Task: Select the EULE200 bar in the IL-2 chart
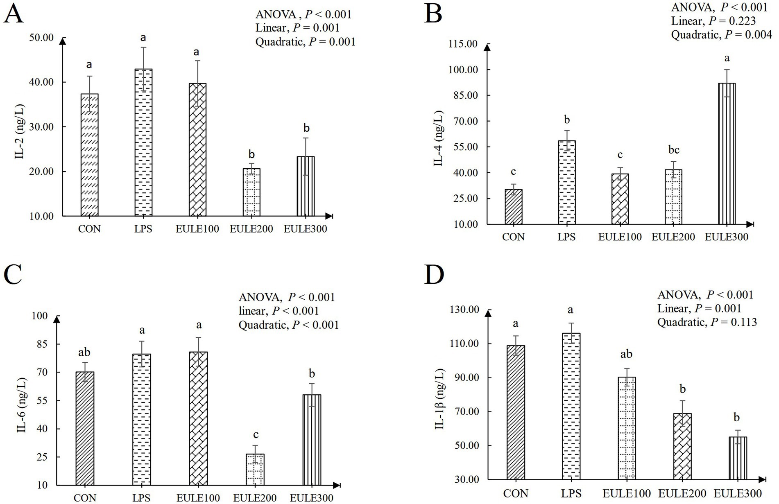pos(251,192)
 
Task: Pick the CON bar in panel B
pos(514,207)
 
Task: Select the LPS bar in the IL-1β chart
pos(571,406)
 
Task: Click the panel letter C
pos(14,275)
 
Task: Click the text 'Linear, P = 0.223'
pos(713,21)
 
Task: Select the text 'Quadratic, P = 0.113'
pos(707,322)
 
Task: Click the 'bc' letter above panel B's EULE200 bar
pos(674,150)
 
